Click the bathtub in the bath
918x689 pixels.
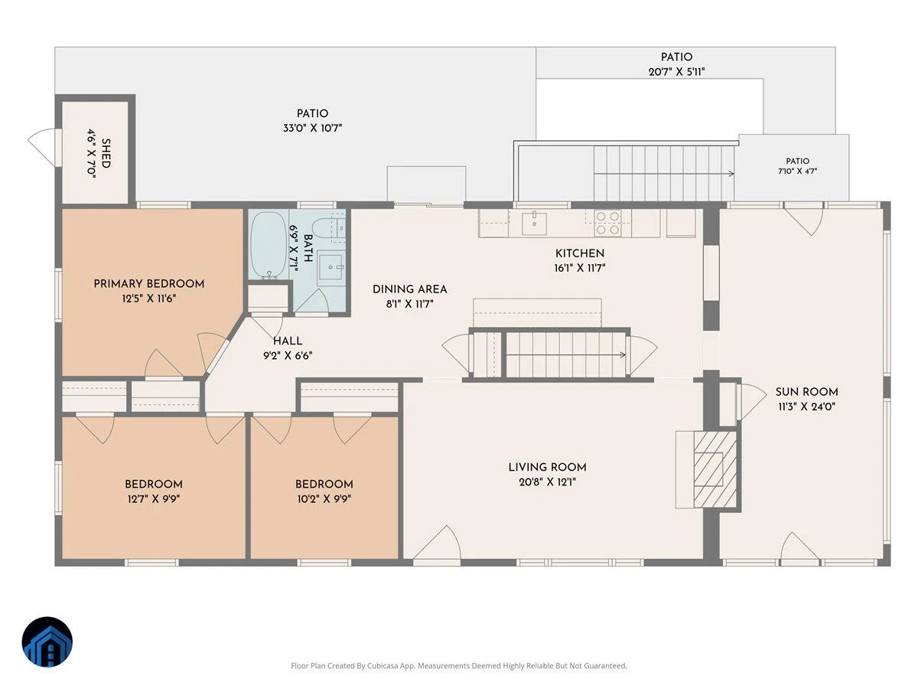click(268, 244)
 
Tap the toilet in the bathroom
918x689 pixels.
click(324, 230)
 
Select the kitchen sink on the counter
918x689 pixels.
click(534, 224)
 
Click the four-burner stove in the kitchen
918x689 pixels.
click(607, 223)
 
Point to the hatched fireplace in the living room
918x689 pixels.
click(715, 469)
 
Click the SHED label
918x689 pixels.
click(106, 154)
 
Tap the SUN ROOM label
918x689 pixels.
click(806, 392)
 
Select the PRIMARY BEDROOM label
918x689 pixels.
click(149, 283)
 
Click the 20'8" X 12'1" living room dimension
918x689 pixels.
click(547, 482)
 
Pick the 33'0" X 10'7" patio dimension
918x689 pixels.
click(312, 128)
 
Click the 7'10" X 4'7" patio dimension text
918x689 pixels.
click(797, 171)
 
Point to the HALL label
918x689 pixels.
click(288, 341)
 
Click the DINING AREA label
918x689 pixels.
click(409, 289)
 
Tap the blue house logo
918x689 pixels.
click(47, 642)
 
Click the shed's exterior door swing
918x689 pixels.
click(42, 147)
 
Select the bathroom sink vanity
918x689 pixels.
click(330, 267)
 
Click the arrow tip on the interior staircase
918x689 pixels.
click(625, 355)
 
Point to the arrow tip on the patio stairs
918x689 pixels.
click(733, 174)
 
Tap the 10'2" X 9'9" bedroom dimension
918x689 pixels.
click(324, 499)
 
